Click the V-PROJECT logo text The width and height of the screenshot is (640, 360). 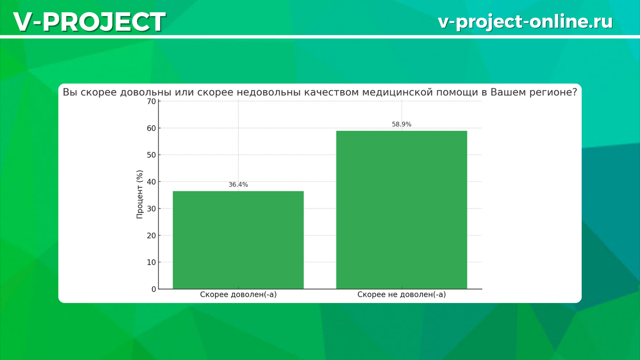click(x=90, y=22)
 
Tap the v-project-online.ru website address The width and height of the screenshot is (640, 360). click(x=525, y=22)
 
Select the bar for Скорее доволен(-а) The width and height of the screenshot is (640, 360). click(x=238, y=240)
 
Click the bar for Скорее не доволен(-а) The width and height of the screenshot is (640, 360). click(x=402, y=210)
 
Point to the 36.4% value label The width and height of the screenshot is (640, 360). click(x=238, y=185)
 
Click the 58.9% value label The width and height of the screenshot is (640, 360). click(x=402, y=124)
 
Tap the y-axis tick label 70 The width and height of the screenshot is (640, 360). click(x=151, y=101)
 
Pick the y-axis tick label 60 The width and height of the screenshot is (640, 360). click(x=151, y=129)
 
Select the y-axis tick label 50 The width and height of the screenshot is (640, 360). click(x=151, y=155)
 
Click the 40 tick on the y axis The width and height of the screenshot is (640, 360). click(x=151, y=182)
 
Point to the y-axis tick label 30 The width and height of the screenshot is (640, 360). click(x=151, y=209)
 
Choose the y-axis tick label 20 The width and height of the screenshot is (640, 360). click(x=151, y=236)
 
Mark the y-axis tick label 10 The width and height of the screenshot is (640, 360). click(x=151, y=262)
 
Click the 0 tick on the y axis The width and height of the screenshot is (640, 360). click(x=154, y=289)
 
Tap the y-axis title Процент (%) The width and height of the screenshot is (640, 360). click(x=139, y=195)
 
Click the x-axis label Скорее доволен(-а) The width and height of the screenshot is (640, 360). click(x=238, y=294)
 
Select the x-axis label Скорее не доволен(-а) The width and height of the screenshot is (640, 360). click(x=402, y=294)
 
